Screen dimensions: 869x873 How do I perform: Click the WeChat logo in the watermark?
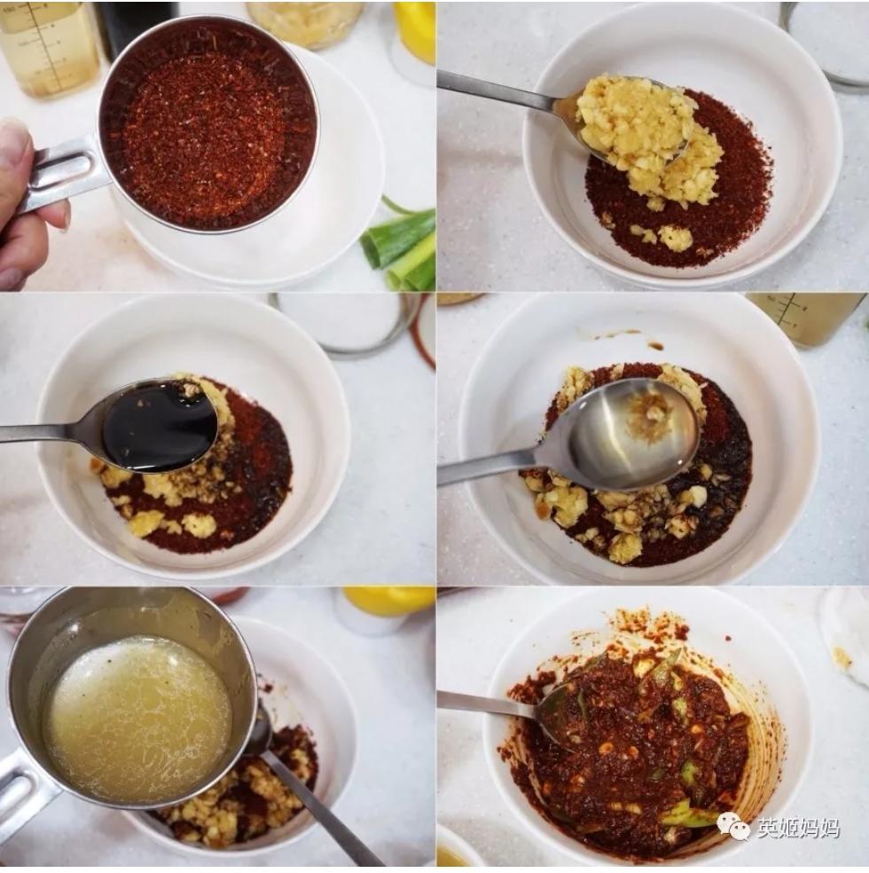pyautogui.click(x=733, y=828)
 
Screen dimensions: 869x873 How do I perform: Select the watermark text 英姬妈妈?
pyautogui.click(x=798, y=829)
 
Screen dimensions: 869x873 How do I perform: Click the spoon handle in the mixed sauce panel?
pyautogui.click(x=489, y=704)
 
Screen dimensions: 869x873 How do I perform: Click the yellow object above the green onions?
pyautogui.click(x=414, y=31)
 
